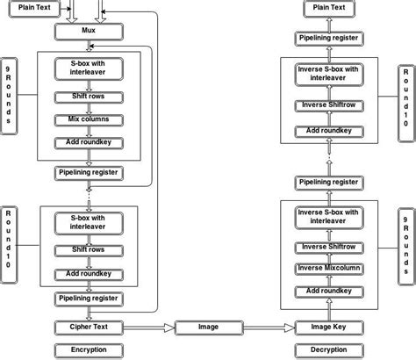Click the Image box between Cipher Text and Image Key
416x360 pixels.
tap(208, 328)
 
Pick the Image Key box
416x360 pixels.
tap(326, 328)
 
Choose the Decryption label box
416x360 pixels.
tap(326, 349)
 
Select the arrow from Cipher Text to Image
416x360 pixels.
tap(149, 328)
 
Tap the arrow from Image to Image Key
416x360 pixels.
tap(268, 328)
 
